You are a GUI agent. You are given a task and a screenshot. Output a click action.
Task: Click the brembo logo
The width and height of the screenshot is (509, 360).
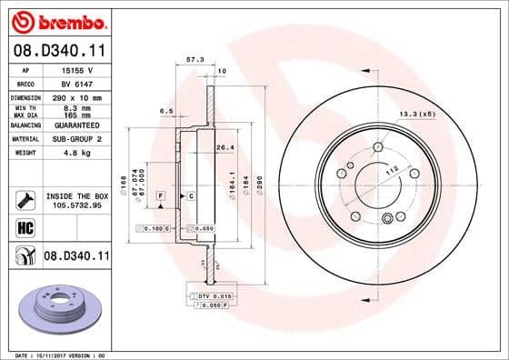click(x=56, y=21)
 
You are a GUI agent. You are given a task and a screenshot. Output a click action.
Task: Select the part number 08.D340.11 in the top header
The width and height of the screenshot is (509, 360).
click(x=56, y=52)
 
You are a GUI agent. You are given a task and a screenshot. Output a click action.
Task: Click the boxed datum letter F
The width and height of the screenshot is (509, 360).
click(x=160, y=195)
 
